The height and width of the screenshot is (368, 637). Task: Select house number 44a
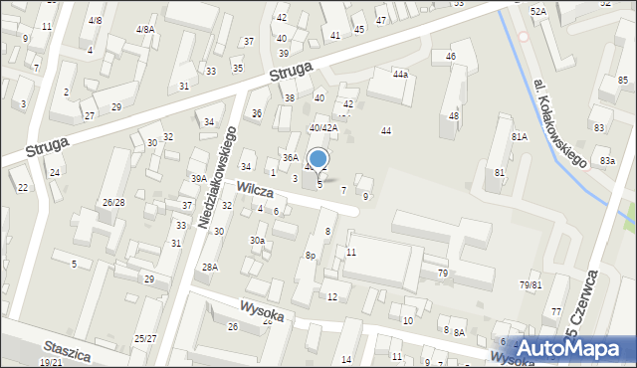tap(400, 75)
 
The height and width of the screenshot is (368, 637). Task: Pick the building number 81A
tap(519, 136)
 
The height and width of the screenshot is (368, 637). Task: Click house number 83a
tap(607, 161)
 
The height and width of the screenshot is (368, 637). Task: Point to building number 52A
tap(537, 11)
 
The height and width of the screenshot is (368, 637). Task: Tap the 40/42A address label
tap(322, 127)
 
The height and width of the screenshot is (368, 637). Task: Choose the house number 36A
tap(290, 157)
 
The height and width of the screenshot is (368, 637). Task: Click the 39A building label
tap(199, 179)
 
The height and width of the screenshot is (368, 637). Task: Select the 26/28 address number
tap(112, 203)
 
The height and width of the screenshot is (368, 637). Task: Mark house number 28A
tap(210, 267)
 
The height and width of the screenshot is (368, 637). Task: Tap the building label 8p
tap(311, 256)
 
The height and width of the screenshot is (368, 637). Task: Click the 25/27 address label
tap(146, 339)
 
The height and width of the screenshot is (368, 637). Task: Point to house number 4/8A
tap(145, 30)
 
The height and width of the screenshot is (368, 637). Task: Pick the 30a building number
tap(257, 241)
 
